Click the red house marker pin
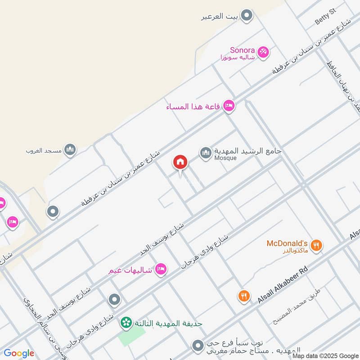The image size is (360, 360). (180, 162)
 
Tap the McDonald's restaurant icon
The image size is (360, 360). (317, 246)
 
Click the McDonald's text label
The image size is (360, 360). (287, 243)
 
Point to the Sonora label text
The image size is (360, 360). (243, 50)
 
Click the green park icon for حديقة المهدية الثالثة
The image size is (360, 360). (126, 323)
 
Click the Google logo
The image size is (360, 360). (18, 353)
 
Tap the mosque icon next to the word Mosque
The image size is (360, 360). (206, 153)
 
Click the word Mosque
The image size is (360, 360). (225, 158)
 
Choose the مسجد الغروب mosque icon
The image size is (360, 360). (70, 150)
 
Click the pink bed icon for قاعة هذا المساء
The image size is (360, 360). (229, 106)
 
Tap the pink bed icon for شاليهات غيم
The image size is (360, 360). (161, 270)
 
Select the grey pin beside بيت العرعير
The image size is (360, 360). (246, 17)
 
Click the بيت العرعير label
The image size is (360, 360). (219, 17)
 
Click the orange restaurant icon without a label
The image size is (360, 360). (244, 296)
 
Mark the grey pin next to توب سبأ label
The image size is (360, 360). (197, 346)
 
